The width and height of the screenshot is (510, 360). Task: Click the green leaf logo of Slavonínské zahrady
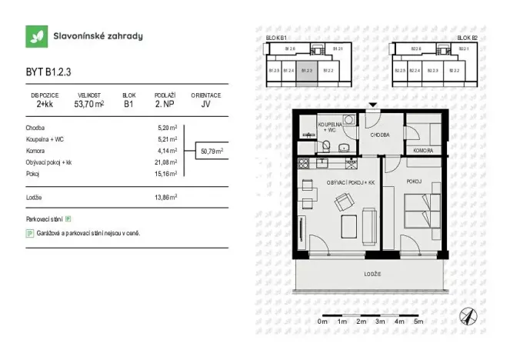tap(36, 36)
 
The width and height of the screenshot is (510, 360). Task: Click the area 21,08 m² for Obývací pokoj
tap(167, 162)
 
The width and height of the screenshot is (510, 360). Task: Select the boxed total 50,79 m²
tap(212, 152)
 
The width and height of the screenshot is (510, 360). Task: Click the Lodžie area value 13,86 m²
tap(167, 198)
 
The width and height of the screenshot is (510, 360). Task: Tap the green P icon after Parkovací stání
tap(68, 219)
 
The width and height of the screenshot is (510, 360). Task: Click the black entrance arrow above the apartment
tap(373, 105)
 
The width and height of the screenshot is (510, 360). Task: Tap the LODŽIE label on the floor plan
tap(373, 274)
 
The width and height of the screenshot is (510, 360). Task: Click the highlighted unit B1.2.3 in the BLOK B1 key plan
tap(307, 70)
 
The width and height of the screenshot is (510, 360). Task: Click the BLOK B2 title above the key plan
tap(467, 37)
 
